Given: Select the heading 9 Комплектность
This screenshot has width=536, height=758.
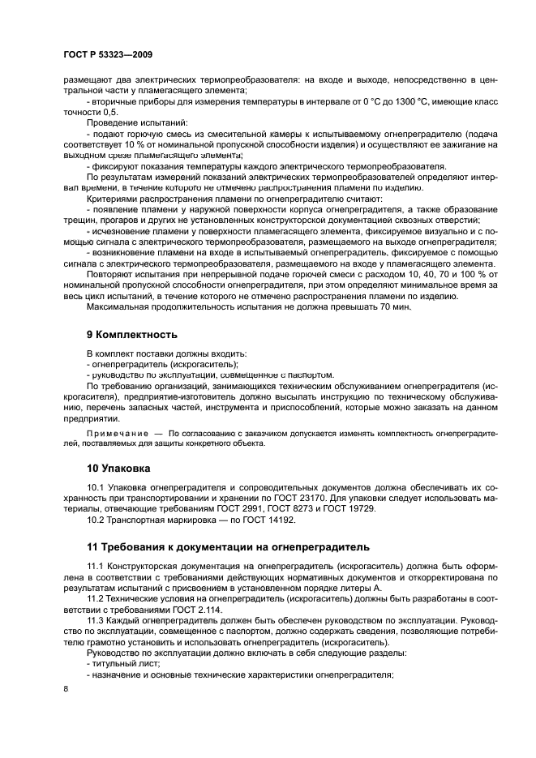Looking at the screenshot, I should click(131, 334).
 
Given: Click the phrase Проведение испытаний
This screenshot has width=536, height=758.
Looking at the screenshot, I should click(131, 121).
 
